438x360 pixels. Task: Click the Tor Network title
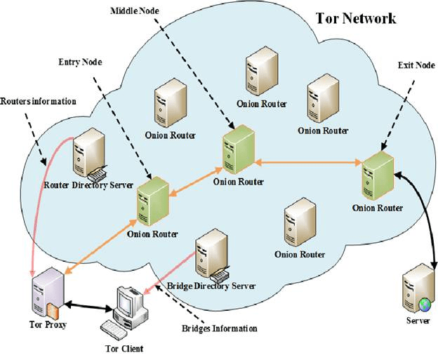(x=356, y=19)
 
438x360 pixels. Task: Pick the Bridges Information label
(x=220, y=328)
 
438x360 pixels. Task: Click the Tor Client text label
(x=124, y=347)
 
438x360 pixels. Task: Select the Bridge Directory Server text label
(x=211, y=286)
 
